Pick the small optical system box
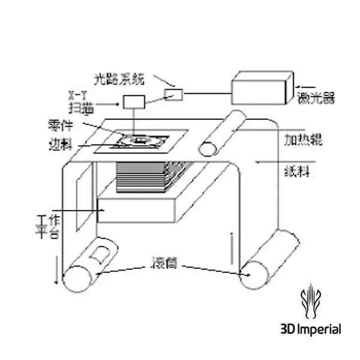point(175,93)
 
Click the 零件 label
point(62,126)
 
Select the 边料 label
point(62,145)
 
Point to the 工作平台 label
point(47,224)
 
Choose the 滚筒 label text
point(162,264)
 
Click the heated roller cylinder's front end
point(211,148)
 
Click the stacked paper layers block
point(144,177)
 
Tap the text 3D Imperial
point(311,329)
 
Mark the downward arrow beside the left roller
point(55,270)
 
